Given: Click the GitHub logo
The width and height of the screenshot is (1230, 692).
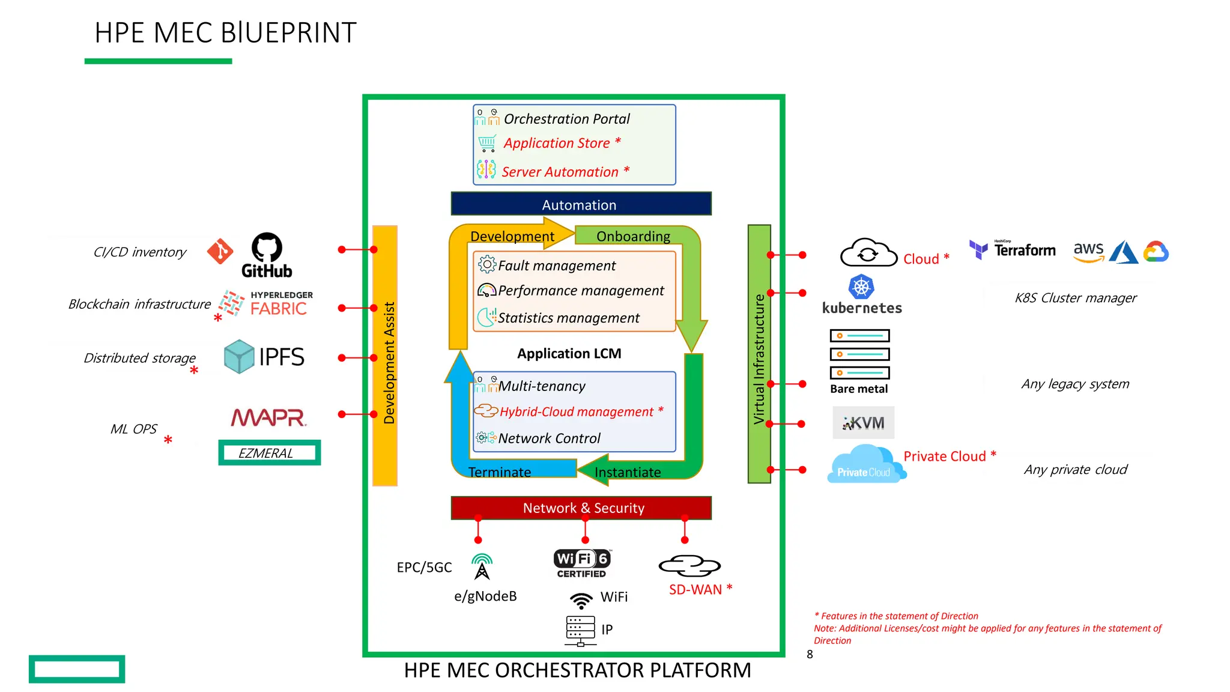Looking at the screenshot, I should click(267, 255).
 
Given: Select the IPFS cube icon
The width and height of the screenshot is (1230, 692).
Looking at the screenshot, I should click(239, 356).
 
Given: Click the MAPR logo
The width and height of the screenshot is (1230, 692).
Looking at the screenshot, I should click(269, 417).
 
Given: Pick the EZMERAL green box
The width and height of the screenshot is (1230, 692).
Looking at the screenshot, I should click(269, 453).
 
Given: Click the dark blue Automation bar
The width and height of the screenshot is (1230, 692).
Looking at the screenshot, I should click(581, 204).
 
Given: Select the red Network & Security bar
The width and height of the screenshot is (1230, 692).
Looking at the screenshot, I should click(581, 508).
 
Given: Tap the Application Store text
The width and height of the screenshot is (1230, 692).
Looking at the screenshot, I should click(557, 143).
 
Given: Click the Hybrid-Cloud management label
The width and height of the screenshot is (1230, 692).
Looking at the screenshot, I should click(577, 412).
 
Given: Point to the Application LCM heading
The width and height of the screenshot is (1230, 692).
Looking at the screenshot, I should click(569, 354).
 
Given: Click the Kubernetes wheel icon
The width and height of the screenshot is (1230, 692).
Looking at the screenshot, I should click(861, 287).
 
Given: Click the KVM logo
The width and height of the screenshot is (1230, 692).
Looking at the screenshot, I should click(863, 423).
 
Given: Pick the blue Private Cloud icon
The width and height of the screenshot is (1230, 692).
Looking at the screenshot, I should click(864, 464).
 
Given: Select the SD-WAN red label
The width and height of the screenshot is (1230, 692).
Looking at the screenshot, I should click(695, 590).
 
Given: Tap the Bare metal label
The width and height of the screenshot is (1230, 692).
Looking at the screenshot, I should click(858, 389).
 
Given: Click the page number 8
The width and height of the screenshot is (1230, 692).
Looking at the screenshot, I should click(810, 655).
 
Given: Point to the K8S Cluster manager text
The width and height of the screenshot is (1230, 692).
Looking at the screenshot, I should click(1075, 298).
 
